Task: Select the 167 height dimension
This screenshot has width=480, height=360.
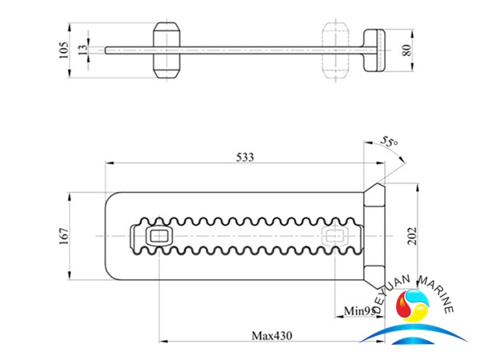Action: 64,235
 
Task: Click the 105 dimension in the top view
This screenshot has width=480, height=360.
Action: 64,50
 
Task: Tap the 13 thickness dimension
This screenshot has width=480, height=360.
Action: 82,50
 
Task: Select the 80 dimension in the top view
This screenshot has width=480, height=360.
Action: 407,50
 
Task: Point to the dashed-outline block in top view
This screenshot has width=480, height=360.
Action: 334,50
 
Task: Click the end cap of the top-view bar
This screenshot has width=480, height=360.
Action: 376,50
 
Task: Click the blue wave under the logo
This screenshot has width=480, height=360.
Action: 420,339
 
